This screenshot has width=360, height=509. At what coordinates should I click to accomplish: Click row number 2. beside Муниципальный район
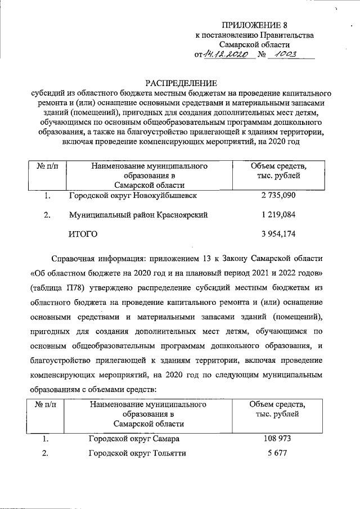point(47,214)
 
